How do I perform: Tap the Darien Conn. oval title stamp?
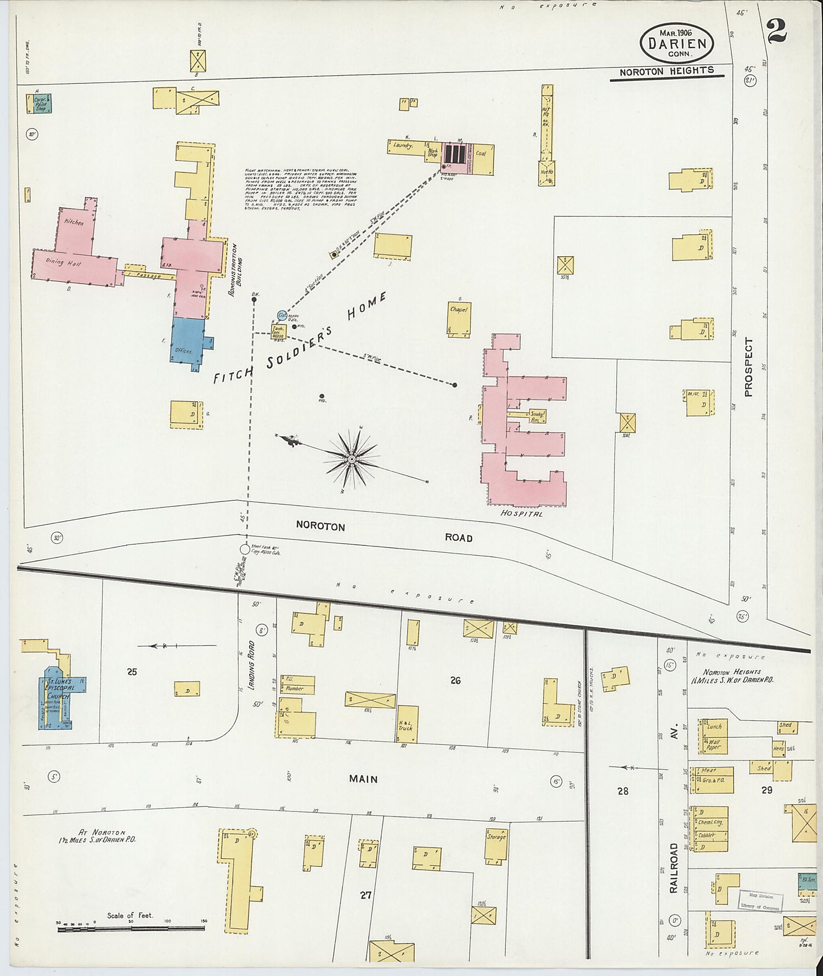pyautogui.click(x=676, y=42)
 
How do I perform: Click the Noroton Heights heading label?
pyautogui.click(x=667, y=71)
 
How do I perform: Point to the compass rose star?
pyautogui.click(x=352, y=459)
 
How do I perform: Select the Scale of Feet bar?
pyautogui.click(x=131, y=928)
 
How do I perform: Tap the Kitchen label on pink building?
pyautogui.click(x=74, y=222)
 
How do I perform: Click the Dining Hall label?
pyautogui.click(x=63, y=262)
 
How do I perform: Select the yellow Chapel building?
pyautogui.click(x=459, y=318)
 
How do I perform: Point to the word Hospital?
pyautogui.click(x=521, y=514)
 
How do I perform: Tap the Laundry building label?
pyautogui.click(x=403, y=146)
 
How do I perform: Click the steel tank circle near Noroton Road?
pyautogui.click(x=245, y=549)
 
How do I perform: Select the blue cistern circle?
pyautogui.click(x=282, y=315)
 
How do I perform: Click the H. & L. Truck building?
pyautogui.click(x=407, y=725)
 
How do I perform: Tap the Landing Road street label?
pyautogui.click(x=252, y=672)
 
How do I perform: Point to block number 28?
pyautogui.click(x=622, y=791)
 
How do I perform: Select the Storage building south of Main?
pyautogui.click(x=496, y=845)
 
